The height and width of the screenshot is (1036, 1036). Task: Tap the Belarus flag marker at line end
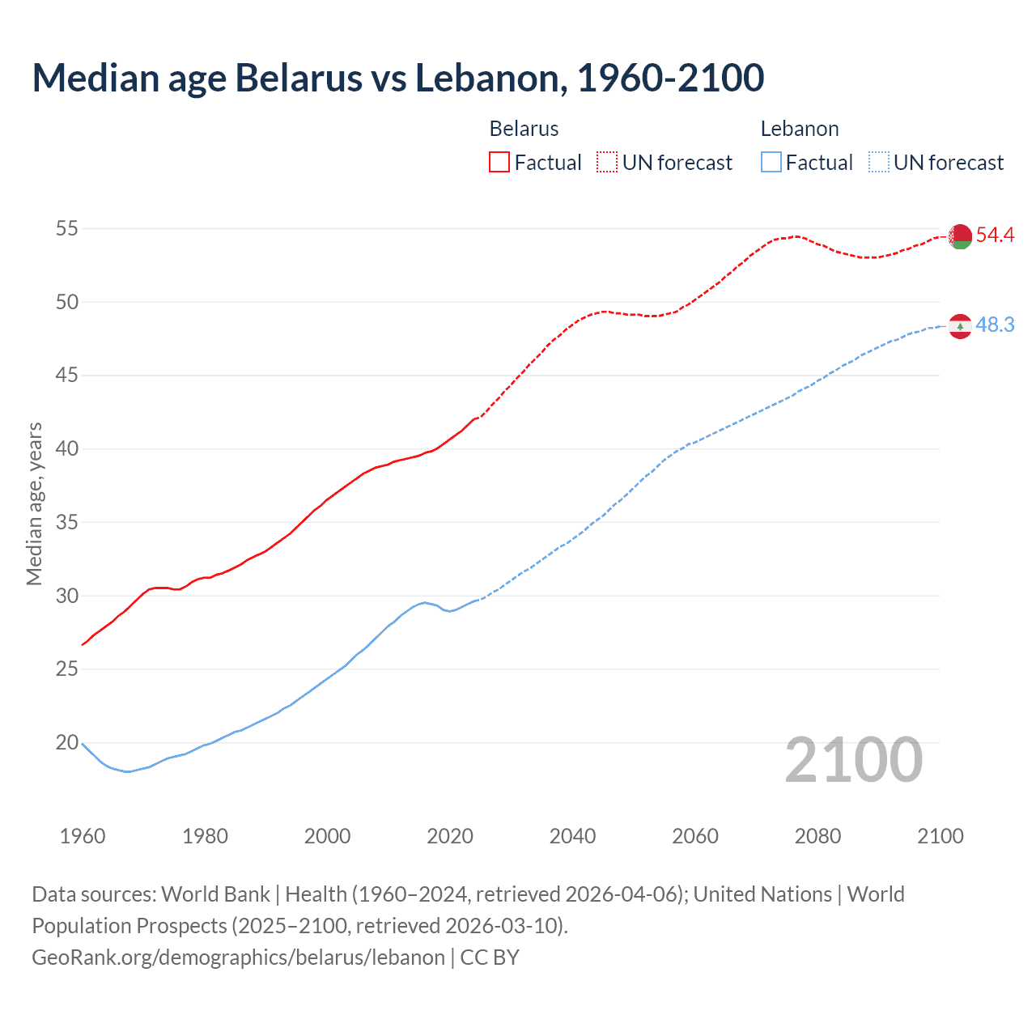point(960,236)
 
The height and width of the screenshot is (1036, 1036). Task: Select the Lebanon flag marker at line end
point(960,326)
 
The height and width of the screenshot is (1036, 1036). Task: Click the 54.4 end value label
point(995,236)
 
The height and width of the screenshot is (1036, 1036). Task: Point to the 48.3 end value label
point(995,325)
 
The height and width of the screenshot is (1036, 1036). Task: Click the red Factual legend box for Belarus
point(499,163)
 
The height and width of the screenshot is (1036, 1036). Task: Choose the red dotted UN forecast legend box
point(607,163)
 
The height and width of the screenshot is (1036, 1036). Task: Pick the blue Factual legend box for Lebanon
point(771,163)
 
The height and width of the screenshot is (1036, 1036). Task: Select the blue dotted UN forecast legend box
point(878,163)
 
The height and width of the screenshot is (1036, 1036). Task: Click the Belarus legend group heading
point(524,129)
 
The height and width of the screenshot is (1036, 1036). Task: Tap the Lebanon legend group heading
point(799,129)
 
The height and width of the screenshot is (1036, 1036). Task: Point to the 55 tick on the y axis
point(66,229)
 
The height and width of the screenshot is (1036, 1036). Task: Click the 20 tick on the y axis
point(66,743)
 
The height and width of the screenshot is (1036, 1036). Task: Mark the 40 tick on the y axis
point(66,449)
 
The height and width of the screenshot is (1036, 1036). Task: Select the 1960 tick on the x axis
point(83,836)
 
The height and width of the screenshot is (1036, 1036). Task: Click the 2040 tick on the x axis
point(572,836)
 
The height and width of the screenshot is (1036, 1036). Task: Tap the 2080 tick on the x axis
point(817,836)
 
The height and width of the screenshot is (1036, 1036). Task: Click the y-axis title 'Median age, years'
point(34,503)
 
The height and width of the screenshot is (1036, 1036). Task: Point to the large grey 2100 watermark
point(853,760)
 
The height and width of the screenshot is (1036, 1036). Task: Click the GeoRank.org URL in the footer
point(238,957)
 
